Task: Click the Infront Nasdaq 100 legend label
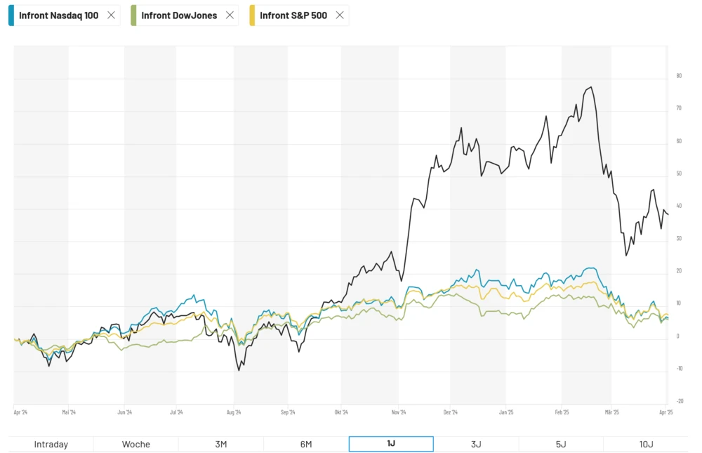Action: pos(59,15)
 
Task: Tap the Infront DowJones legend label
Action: pos(179,15)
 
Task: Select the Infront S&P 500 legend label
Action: pos(293,15)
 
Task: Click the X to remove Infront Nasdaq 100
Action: pos(111,15)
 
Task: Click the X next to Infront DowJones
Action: pos(230,15)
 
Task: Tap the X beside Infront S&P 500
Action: pos(340,15)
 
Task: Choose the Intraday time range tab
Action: pos(51,444)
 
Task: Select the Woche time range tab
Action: pos(136,444)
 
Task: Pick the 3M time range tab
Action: pos(221,444)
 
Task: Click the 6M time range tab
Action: pos(306,444)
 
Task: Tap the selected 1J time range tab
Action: pos(391,444)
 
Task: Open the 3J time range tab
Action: pos(476,444)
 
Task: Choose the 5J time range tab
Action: pos(561,444)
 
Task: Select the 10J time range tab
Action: pos(646,444)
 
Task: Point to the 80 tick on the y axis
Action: pos(679,76)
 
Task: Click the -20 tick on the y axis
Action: pos(679,401)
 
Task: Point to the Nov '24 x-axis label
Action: pos(399,413)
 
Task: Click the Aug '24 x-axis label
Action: pos(234,413)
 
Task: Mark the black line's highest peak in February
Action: pos(592,87)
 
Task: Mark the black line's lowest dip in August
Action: pos(239,370)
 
